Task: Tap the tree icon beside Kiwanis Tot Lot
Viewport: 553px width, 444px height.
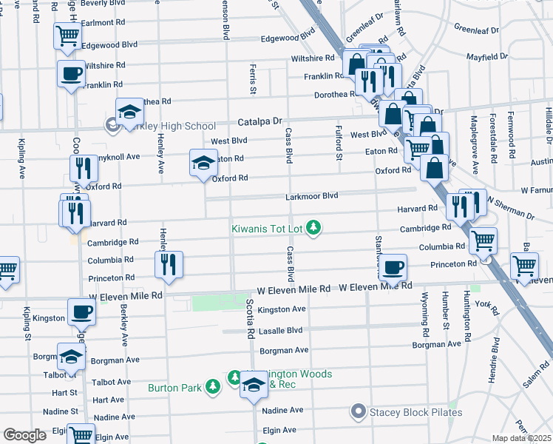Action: [314, 226]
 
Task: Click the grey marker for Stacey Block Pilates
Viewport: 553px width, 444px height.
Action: [359, 411]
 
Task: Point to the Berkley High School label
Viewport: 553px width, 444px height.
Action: [172, 126]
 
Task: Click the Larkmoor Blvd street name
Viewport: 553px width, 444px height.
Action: [312, 196]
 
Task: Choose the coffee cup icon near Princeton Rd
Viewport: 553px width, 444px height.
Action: [393, 266]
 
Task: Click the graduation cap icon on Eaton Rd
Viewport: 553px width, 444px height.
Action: [204, 162]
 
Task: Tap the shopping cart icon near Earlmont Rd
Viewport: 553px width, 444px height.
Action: [67, 34]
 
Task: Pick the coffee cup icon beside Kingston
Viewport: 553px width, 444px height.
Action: [81, 311]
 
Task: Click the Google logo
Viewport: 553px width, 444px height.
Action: [24, 434]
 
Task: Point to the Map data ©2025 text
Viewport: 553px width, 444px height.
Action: [521, 438]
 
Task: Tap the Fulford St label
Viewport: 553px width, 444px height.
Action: [339, 143]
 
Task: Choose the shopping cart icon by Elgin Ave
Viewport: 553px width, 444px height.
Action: [81, 434]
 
